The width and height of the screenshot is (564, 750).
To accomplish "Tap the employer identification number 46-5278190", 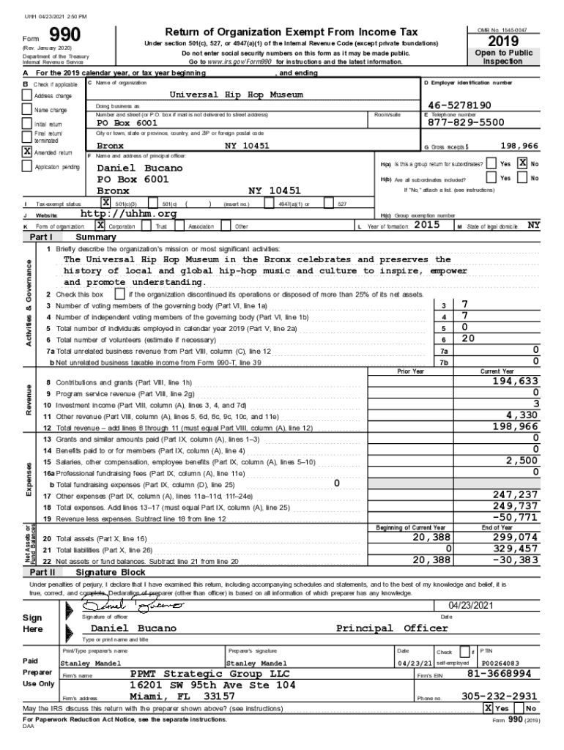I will point(459,105).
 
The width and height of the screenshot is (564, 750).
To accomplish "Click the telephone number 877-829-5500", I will point(466,122).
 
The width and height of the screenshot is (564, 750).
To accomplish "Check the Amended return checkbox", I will point(26,152).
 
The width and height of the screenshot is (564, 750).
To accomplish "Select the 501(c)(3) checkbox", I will point(105,203).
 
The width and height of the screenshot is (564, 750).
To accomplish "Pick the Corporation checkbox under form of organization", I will point(100,226).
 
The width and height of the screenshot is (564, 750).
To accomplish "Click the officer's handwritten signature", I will point(130,606).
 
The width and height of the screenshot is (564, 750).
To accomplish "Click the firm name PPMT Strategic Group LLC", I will point(209,673).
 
